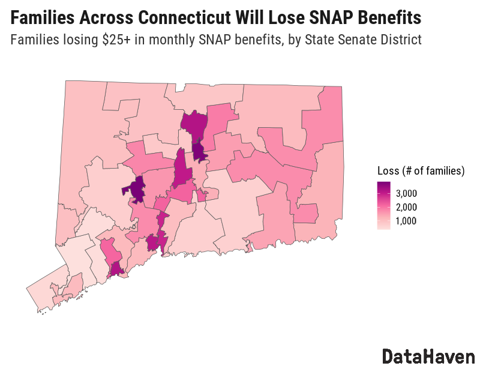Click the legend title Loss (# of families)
[x=421, y=171]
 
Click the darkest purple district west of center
[x=137, y=191]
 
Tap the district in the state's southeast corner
[x=318, y=225]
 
